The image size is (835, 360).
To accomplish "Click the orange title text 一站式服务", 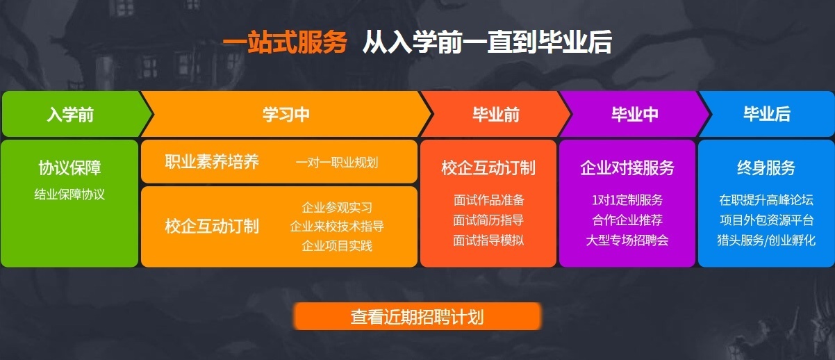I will point(284,43).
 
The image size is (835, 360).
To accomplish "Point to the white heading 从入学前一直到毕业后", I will point(487,43).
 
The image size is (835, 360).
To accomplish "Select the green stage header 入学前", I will point(70,115).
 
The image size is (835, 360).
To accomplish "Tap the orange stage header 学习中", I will point(286,115).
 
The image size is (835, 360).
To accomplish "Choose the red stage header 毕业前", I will point(495,115).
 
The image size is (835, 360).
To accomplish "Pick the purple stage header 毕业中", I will point(634,115).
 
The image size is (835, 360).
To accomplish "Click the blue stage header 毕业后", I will point(767,115).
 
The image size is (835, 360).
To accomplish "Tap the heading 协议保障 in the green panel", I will point(69,167).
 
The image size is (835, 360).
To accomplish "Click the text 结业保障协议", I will point(69,194).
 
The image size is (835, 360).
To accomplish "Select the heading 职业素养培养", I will point(212,162).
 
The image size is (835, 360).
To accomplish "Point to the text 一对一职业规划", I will point(337,163).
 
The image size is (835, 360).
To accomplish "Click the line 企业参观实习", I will point(337,207).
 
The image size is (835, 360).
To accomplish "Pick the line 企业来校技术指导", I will point(337,227).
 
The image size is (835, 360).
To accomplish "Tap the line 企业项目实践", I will point(337,246).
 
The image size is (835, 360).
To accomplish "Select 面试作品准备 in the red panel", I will point(488,200).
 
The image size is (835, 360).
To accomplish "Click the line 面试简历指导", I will point(488,220).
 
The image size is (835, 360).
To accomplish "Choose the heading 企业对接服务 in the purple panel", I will point(627,167).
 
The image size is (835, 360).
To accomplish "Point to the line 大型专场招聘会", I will point(627,240).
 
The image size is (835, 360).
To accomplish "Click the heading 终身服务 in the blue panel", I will point(766,167).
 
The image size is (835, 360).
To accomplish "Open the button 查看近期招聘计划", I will point(417,317).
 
